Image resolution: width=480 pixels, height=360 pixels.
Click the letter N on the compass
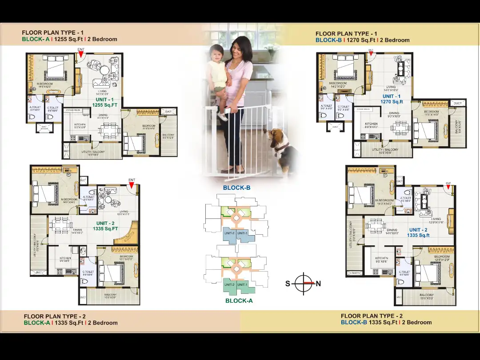[x=318, y=284]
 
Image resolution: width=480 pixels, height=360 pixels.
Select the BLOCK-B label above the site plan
[x=236, y=188]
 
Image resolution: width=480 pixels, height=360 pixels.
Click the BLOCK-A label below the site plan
[x=239, y=301]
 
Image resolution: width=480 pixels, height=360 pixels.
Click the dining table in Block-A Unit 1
[x=108, y=130]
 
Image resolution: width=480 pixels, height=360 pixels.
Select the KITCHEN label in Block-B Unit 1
[x=371, y=124]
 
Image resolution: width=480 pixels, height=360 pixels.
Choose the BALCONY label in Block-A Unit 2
[x=110, y=295]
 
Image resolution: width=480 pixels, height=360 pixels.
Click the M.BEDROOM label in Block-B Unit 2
[x=384, y=200]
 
